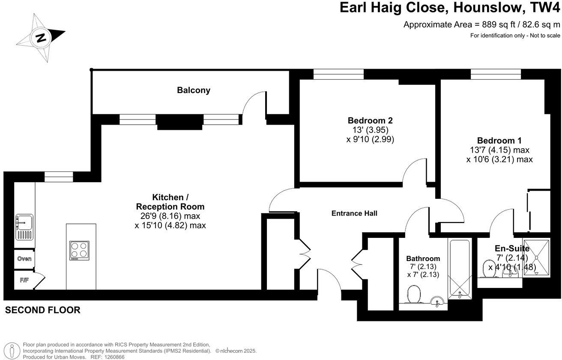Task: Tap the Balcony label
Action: [194, 90]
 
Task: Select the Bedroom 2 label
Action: [370, 120]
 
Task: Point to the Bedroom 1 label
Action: [499, 141]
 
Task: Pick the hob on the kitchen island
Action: [80, 250]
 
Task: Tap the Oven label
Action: [24, 259]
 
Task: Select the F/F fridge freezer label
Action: [24, 280]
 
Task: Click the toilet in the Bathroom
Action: [414, 296]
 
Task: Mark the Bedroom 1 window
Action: [496, 75]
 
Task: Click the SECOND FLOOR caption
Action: [42, 310]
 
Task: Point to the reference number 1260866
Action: [112, 357]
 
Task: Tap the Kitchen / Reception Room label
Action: [170, 202]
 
